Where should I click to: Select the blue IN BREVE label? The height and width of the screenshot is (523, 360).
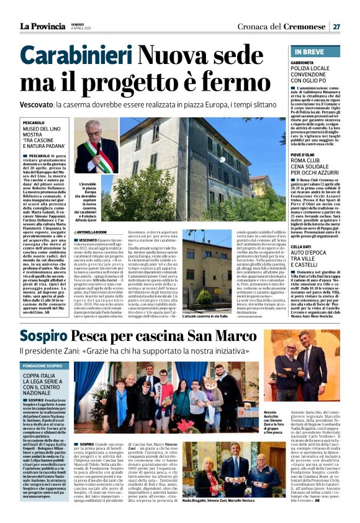(x=308, y=52)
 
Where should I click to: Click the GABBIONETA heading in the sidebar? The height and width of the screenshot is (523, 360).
(x=307, y=63)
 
